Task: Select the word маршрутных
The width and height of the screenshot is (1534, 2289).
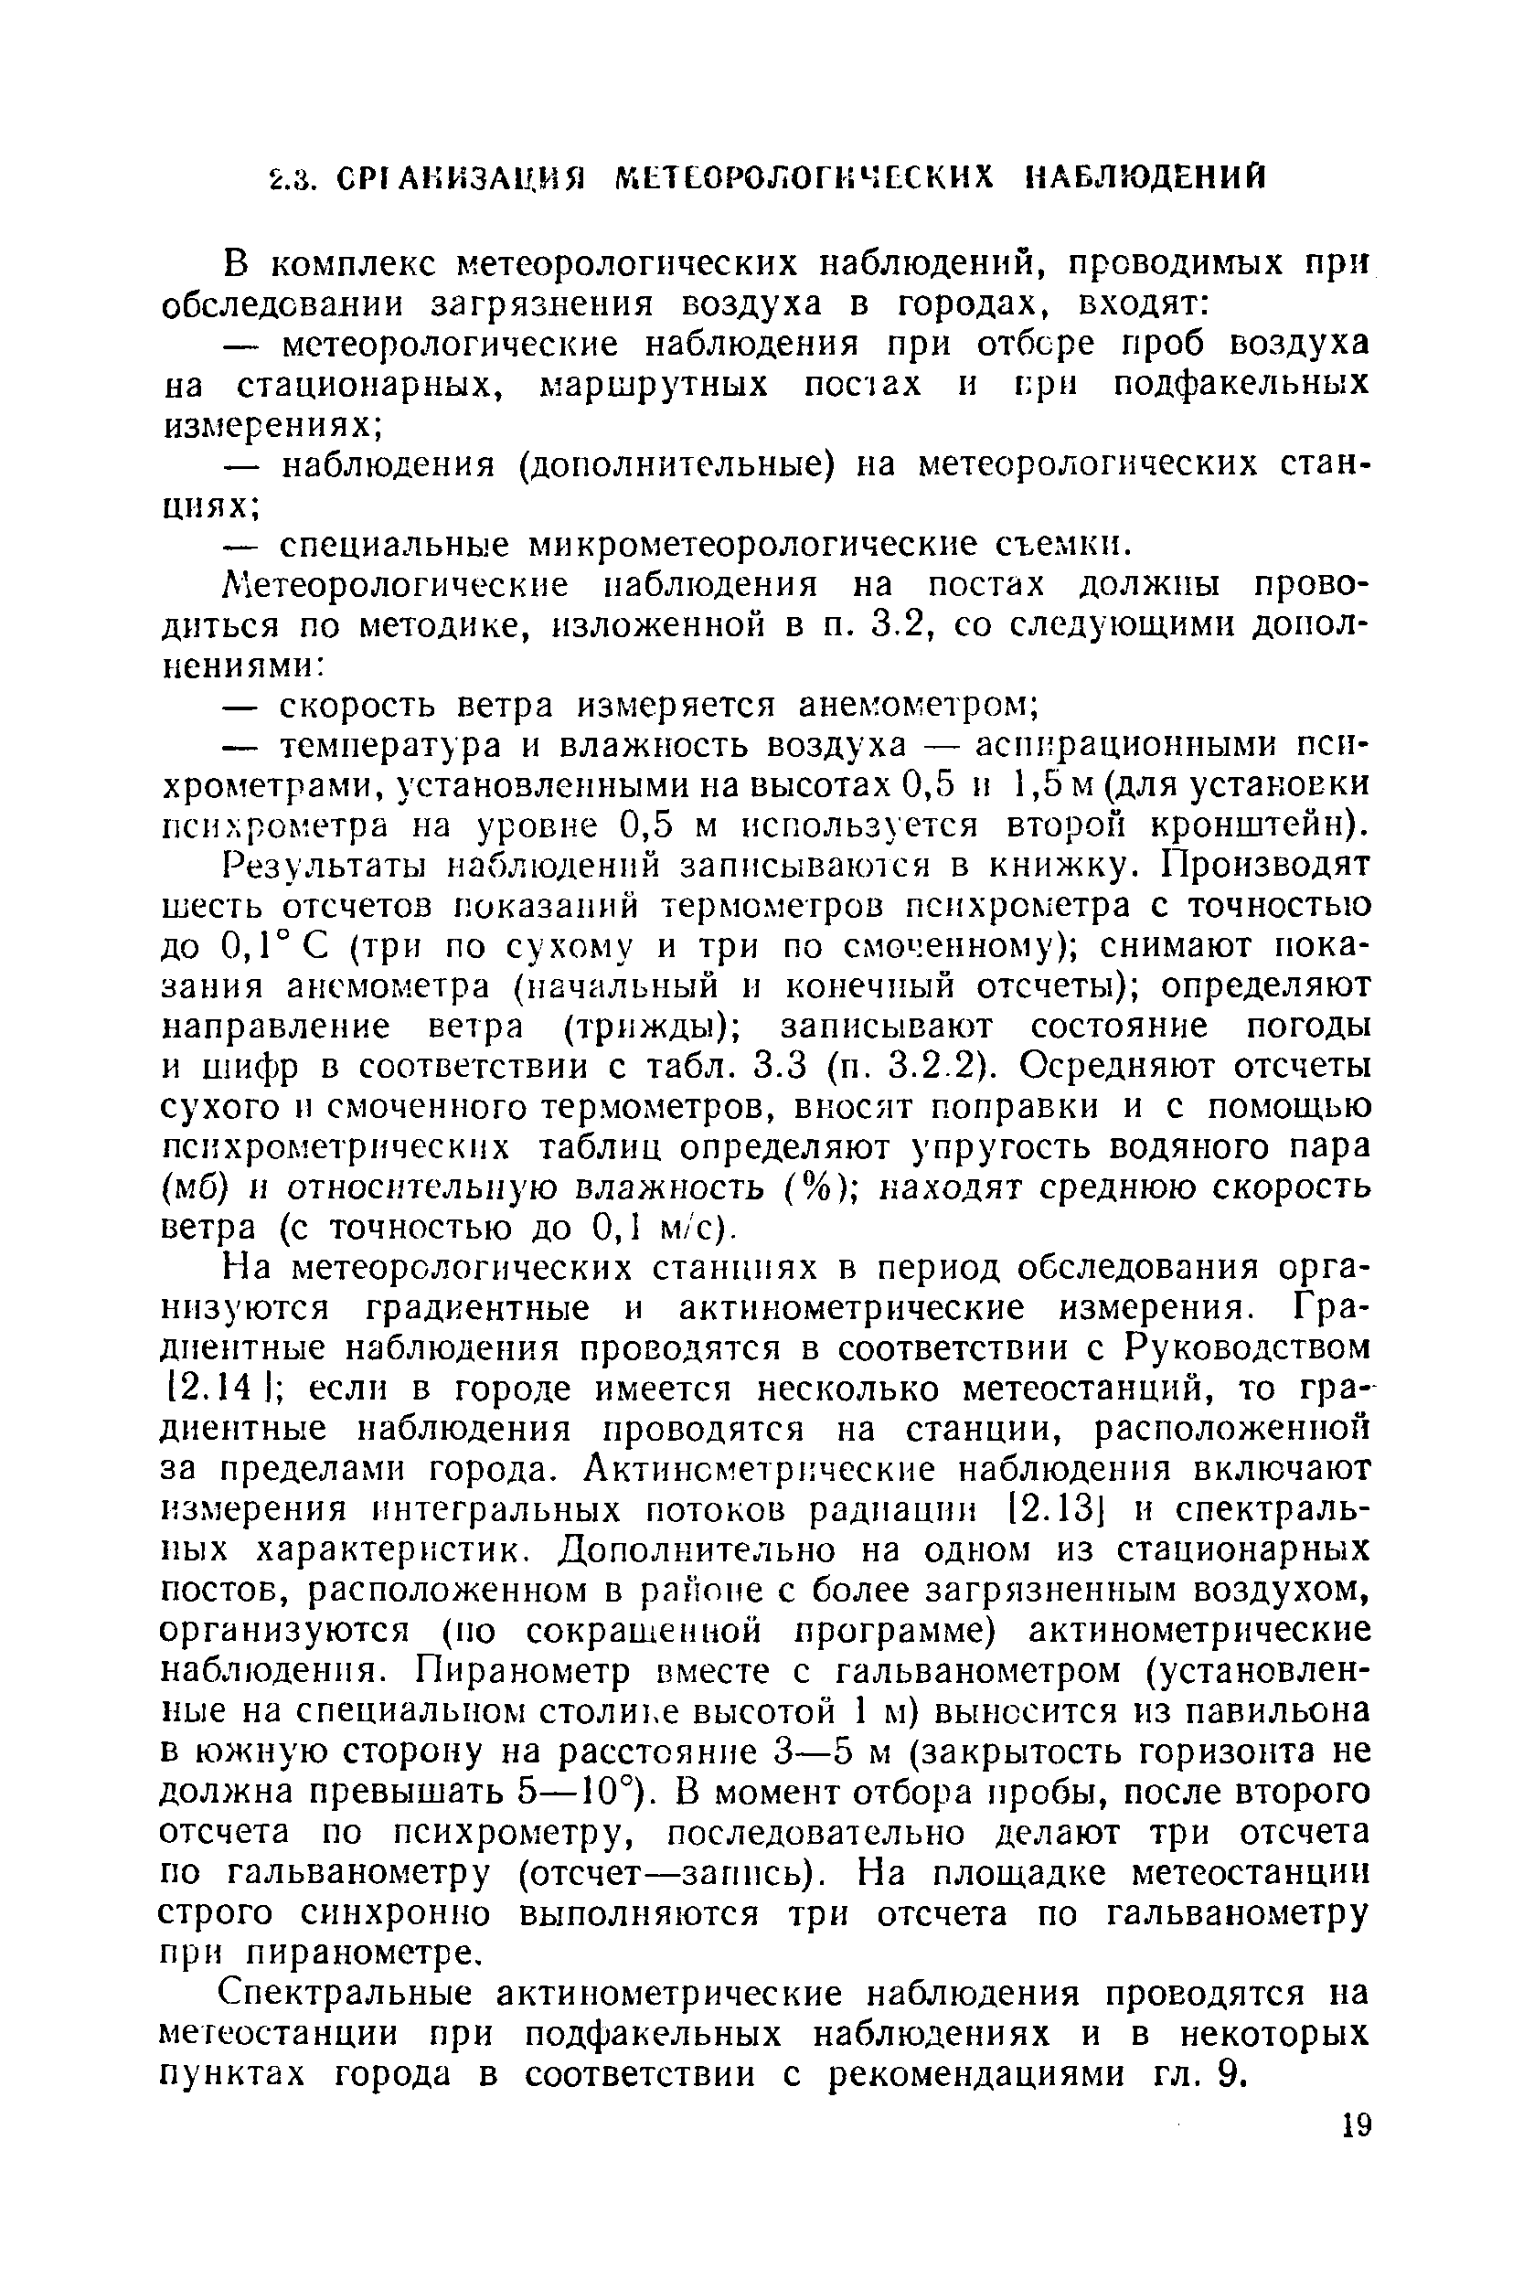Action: [x=655, y=385]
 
